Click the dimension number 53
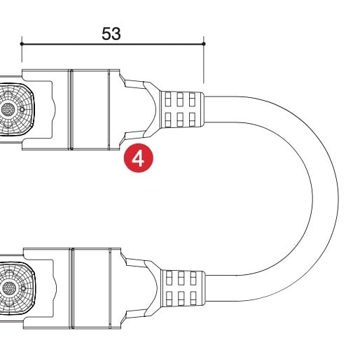[111, 34]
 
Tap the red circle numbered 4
[139, 158]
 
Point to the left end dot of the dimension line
[22, 44]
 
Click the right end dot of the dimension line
[204, 44]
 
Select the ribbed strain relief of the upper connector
[182, 109]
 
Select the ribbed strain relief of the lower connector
[184, 288]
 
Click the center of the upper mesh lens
[8, 109]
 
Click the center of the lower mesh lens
[9, 288]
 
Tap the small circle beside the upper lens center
[22, 109]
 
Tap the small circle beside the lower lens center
[23, 288]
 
